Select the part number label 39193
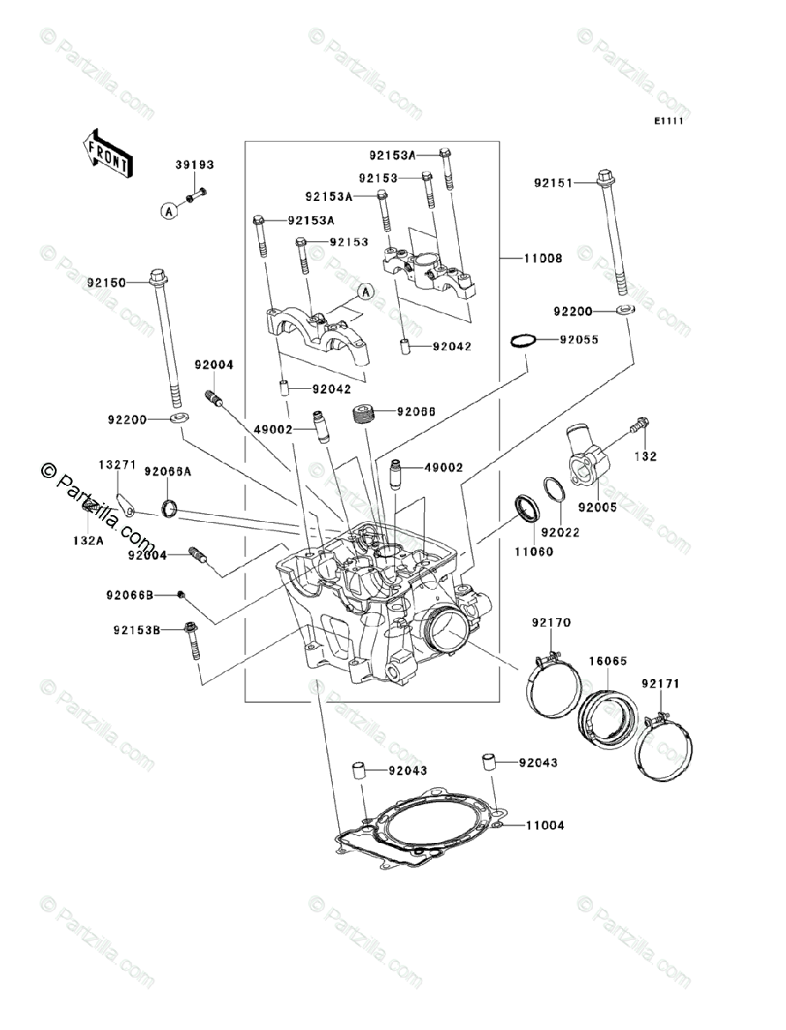pos(195,165)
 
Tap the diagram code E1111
pos(668,122)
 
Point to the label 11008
pos(544,257)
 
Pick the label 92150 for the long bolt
pos(106,282)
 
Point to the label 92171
pos(660,683)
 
